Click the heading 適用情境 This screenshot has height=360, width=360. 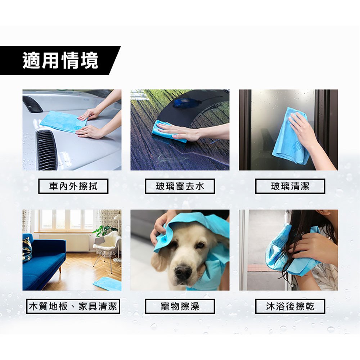point(60,60)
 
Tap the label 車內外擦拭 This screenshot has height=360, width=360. point(73,186)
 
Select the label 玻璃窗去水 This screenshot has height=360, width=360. point(180,186)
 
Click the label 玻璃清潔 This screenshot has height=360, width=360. point(290,186)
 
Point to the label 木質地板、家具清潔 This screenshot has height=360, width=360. point(73,306)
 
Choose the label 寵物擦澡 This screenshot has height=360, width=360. point(180,306)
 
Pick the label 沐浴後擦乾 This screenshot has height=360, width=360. point(290,306)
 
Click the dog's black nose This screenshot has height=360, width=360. point(183,272)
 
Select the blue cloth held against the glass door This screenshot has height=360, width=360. point(291,138)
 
